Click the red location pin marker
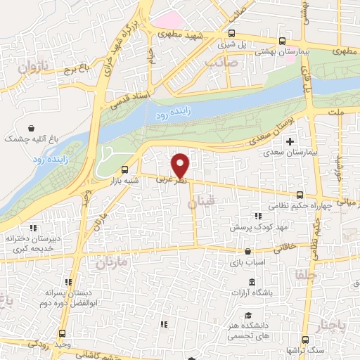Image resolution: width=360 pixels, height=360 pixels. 181,165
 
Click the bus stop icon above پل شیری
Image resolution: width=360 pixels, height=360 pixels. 231,33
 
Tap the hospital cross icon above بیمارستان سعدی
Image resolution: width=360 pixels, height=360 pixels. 290,141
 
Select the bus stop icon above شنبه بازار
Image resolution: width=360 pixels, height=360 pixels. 125,169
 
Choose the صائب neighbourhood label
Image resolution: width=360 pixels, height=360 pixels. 219,64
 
